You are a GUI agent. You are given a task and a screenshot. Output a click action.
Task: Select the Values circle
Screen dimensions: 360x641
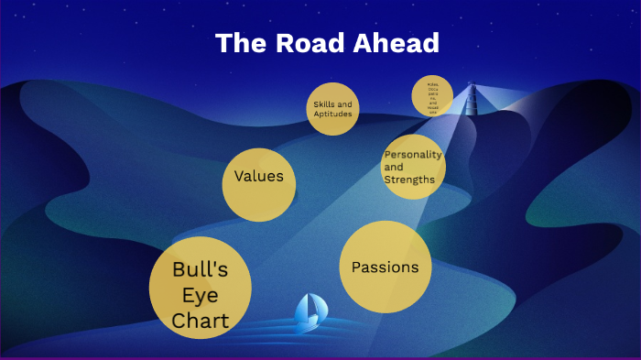pos(259,184)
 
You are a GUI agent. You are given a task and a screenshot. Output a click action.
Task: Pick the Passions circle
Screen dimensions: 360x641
pos(386,267)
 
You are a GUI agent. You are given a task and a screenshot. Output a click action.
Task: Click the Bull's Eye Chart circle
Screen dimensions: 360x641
pos(200,288)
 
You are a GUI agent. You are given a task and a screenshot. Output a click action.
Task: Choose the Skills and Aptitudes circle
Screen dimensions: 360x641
pos(332,108)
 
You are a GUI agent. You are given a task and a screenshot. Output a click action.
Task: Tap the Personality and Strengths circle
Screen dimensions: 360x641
pos(413,167)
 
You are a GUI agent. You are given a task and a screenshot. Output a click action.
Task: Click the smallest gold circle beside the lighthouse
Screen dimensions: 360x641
pos(432,96)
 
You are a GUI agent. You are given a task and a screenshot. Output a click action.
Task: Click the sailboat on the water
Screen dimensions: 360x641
pos(309,311)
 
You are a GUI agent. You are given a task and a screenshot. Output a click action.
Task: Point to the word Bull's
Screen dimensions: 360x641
pos(200,269)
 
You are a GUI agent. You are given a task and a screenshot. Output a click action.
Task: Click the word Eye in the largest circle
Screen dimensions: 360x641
pos(200,295)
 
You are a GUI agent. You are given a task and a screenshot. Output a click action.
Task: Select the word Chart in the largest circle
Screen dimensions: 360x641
pos(200,321)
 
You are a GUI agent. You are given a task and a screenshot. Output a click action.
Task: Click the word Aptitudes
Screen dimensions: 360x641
pos(332,114)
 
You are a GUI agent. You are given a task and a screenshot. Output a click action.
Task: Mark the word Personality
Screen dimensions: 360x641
pos(414,155)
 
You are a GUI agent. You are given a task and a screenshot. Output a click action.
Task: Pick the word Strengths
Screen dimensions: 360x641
pos(409,180)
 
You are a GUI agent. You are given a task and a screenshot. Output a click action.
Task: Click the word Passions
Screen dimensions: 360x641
pos(386,267)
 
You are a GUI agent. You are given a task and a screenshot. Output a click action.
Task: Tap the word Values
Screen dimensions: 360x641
pos(259,176)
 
